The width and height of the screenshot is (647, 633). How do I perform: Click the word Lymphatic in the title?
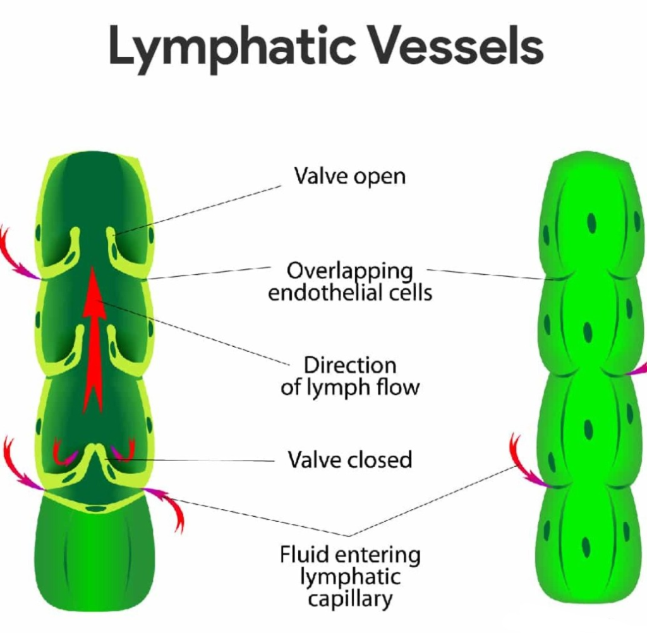(x=233, y=48)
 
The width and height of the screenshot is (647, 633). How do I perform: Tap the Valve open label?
(x=350, y=176)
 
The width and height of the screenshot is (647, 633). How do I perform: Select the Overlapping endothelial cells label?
(x=350, y=282)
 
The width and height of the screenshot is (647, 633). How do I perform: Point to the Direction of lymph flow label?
(x=350, y=376)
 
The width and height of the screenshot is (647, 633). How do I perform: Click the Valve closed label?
(x=350, y=459)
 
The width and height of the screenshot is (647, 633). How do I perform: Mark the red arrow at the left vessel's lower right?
(x=165, y=503)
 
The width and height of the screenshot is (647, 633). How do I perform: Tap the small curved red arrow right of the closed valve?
(x=124, y=452)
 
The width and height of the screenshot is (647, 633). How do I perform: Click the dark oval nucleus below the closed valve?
(x=95, y=508)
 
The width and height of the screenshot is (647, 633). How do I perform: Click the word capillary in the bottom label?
(x=350, y=599)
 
